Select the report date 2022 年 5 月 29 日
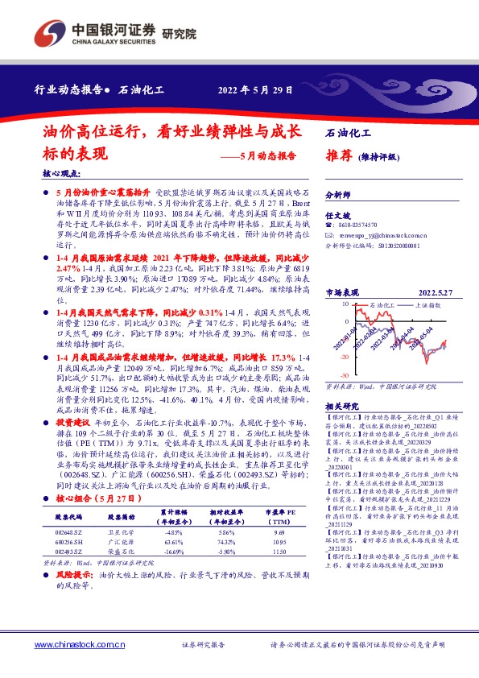pos(255,89)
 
